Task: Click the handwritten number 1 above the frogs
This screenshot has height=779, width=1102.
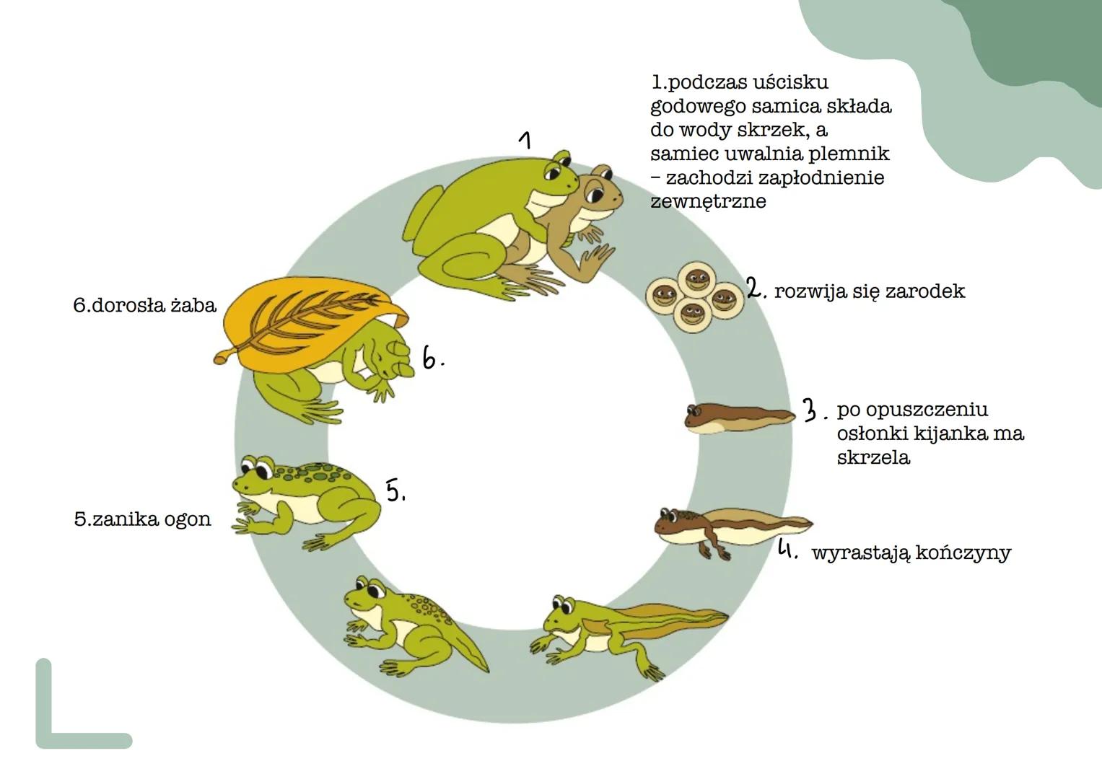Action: pos(527,139)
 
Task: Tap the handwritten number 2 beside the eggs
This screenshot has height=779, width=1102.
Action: pos(755,289)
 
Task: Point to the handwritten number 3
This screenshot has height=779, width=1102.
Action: pos(812,410)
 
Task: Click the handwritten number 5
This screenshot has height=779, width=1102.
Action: pos(394,490)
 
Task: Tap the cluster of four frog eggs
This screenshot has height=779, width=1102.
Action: pos(695,295)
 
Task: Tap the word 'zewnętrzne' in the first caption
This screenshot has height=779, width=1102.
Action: pos(707,201)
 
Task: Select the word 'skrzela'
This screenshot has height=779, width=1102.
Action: pos(873,458)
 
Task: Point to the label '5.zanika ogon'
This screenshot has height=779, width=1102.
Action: pos(142,519)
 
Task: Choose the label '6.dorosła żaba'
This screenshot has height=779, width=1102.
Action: pos(144,305)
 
